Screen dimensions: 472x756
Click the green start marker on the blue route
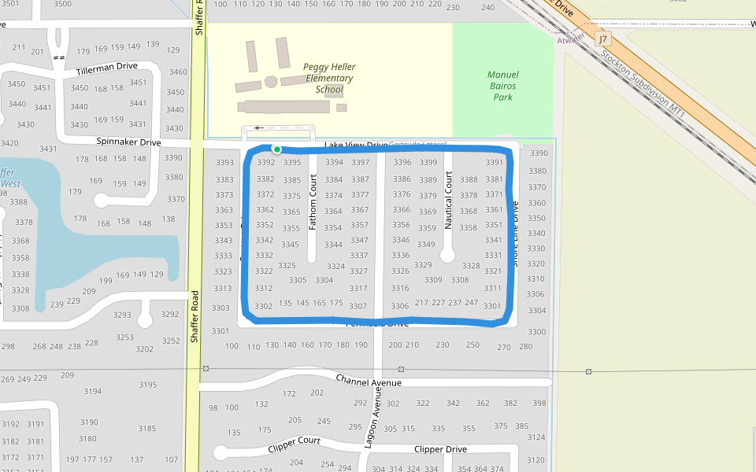click(276, 149)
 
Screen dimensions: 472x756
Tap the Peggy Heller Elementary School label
click(329, 78)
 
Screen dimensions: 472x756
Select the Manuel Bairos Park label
click(502, 86)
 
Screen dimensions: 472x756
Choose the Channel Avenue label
click(369, 381)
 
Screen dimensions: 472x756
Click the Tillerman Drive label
click(107, 69)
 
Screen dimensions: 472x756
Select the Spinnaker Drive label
click(128, 142)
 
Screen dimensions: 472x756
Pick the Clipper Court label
click(294, 444)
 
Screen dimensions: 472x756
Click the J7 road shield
click(603, 39)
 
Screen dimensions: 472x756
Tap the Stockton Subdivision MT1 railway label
click(643, 85)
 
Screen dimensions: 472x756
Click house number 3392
click(265, 163)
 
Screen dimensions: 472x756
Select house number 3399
click(428, 163)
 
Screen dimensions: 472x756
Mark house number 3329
click(423, 265)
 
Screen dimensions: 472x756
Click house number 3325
click(287, 266)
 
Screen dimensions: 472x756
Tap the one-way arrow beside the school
click(258, 127)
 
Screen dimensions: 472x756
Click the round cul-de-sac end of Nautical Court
click(447, 256)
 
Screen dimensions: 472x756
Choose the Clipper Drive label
click(440, 449)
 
